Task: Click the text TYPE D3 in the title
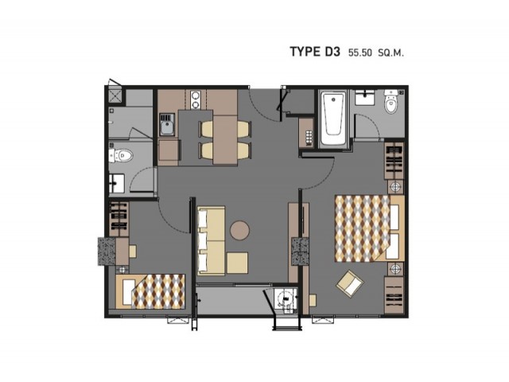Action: (315, 52)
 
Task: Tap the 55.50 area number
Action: (359, 53)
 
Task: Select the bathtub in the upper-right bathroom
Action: (333, 119)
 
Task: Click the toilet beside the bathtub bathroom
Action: (390, 102)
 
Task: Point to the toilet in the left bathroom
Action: (120, 156)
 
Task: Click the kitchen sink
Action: (167, 125)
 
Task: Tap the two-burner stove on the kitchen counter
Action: (196, 100)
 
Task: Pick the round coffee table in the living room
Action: (240, 231)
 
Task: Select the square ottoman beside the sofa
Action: (237, 263)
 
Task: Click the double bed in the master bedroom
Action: (369, 228)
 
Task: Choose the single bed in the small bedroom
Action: (150, 291)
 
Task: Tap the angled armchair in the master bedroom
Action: (350, 283)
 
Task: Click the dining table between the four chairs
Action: (225, 139)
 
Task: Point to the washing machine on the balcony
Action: (286, 301)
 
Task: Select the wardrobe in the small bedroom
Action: (119, 219)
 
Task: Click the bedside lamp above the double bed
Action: (396, 187)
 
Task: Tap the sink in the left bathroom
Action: (117, 183)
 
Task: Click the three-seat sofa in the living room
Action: (211, 240)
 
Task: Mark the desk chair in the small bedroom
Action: (133, 251)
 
